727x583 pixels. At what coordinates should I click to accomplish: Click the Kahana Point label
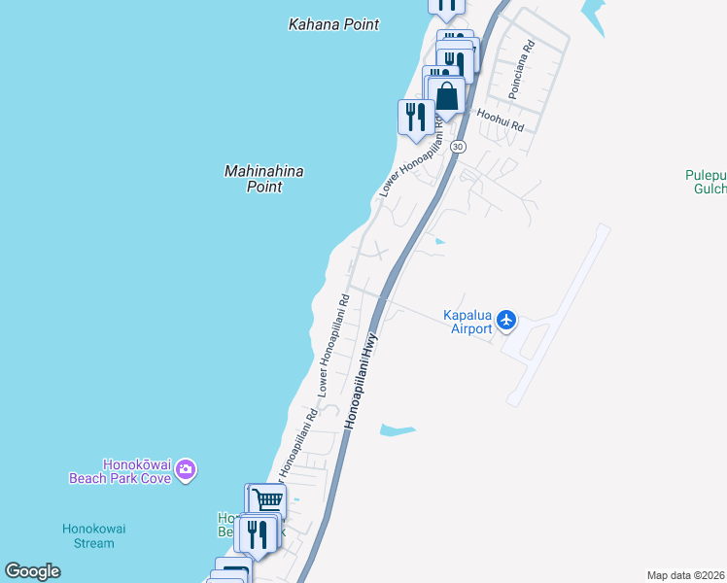click(x=333, y=24)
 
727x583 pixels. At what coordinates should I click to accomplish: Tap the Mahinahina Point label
click(x=263, y=179)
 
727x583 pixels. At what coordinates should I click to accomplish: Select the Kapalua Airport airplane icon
click(x=505, y=320)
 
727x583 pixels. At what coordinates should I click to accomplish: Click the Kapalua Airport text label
click(x=467, y=322)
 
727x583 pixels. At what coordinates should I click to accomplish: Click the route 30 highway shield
click(x=459, y=146)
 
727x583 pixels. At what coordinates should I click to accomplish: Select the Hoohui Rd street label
click(x=501, y=120)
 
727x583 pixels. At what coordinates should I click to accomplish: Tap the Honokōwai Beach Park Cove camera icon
click(x=187, y=471)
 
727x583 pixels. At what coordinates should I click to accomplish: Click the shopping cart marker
click(x=267, y=500)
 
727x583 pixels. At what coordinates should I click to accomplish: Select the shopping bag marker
click(x=447, y=96)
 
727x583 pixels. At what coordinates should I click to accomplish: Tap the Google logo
click(x=33, y=571)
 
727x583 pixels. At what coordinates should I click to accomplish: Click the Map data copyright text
click(x=686, y=575)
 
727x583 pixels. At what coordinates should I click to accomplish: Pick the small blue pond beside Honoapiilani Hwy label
click(x=398, y=429)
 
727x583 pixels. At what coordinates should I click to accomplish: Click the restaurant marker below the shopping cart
click(x=258, y=533)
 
